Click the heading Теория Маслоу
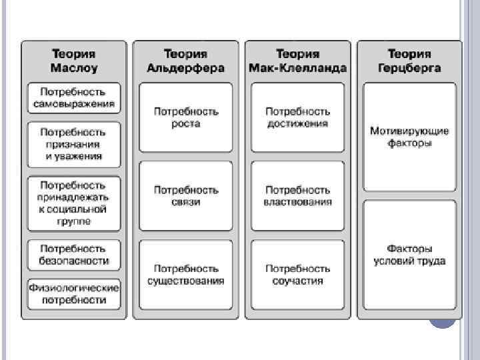coord(74,61)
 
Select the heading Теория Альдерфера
coord(185,61)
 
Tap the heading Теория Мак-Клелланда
coord(297,61)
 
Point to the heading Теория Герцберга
coord(409,61)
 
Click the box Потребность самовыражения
coord(74,97)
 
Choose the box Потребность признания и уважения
coord(74,144)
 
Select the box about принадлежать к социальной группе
coord(74,203)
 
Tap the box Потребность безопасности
coord(74,255)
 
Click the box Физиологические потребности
coord(74,294)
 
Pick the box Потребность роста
coord(185,118)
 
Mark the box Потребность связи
coord(185,196)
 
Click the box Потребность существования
coord(185,274)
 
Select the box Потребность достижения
coord(297,118)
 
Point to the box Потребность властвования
coord(297,196)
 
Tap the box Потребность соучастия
coord(297,274)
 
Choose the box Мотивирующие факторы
coord(409,137)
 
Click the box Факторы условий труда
coord(409,255)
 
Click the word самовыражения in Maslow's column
coord(74,104)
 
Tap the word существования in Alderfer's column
coord(185,281)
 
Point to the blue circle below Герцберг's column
coord(442,320)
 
